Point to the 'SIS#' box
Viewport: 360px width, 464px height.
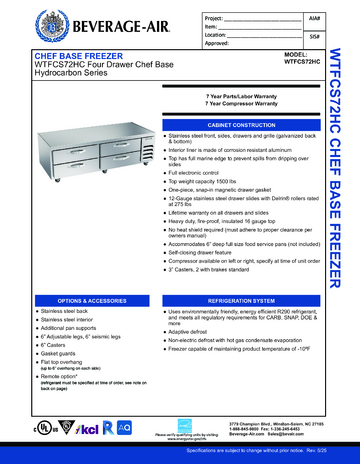pyautogui.click(x=315, y=36)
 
